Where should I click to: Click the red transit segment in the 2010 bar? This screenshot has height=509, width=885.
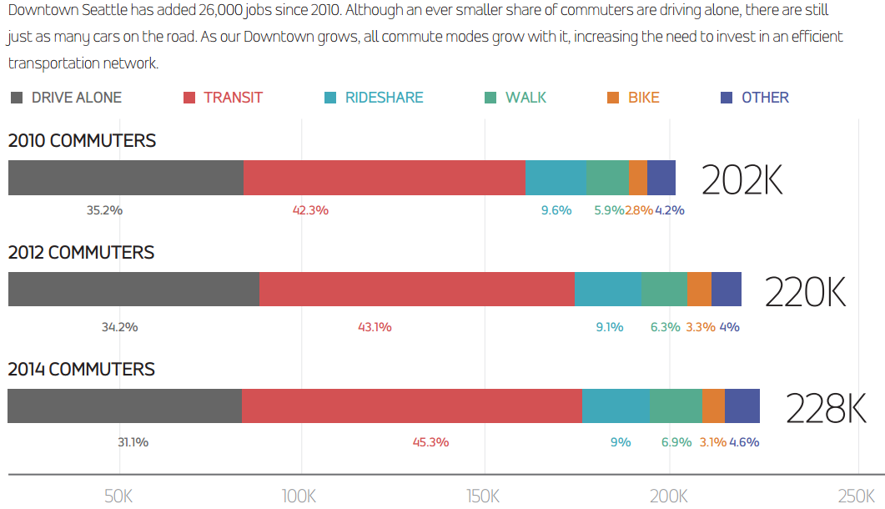click(384, 178)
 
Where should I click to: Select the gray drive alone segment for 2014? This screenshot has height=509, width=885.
click(125, 406)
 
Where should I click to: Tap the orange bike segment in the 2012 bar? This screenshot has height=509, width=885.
click(699, 289)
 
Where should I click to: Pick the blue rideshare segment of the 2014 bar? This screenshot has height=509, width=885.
click(616, 406)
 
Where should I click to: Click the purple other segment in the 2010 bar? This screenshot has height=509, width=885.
click(661, 178)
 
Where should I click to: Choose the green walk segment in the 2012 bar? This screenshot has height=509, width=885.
click(664, 289)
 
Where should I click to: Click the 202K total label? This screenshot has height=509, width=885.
click(742, 179)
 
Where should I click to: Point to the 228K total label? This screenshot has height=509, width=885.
click(827, 409)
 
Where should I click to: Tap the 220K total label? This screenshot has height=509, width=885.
click(806, 292)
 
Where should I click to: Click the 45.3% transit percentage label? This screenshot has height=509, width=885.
click(430, 442)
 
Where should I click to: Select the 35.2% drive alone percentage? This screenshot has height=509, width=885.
click(104, 210)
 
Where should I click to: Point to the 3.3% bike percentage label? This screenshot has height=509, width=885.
click(701, 327)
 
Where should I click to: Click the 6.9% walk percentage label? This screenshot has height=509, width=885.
click(676, 442)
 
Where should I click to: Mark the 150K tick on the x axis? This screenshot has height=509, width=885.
click(484, 496)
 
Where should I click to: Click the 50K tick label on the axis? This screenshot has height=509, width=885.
click(118, 496)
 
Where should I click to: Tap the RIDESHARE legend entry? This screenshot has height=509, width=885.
click(384, 98)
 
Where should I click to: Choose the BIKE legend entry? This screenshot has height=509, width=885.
click(643, 98)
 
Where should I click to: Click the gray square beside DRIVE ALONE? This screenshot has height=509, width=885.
click(17, 98)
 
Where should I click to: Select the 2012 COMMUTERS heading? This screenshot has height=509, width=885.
click(81, 252)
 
